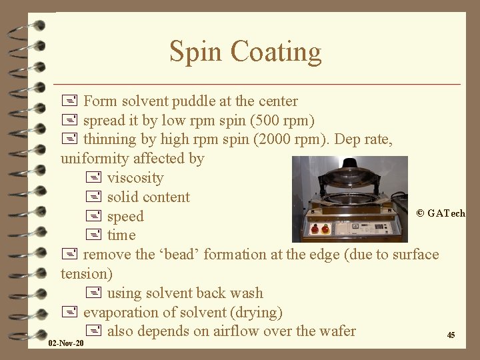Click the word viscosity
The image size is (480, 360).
click(135, 178)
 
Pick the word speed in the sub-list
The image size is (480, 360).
click(125, 217)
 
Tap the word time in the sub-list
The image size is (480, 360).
click(121, 235)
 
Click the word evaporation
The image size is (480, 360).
click(118, 313)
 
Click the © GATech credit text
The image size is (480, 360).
click(441, 213)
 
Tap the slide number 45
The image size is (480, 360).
click(451, 335)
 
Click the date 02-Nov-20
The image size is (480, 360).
click(67, 343)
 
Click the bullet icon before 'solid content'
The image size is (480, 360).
click(94, 197)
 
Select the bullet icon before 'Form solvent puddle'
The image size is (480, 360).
click(68, 102)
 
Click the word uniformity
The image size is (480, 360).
click(97, 159)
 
